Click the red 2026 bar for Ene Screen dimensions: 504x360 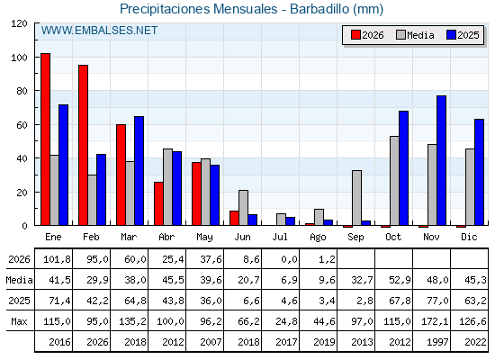click(x=45, y=139)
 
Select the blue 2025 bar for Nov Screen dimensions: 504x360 click(x=441, y=160)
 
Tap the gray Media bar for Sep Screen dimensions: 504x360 click(x=356, y=198)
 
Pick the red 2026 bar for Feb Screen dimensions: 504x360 click(x=83, y=145)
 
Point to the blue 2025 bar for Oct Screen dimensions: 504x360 click(x=403, y=168)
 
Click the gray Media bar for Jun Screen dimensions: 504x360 click(x=243, y=208)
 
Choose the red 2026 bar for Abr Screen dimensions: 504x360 click(x=158, y=203)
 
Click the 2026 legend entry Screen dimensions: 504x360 click(x=367, y=35)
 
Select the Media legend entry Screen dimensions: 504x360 click(x=415, y=35)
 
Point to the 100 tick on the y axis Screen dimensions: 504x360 click(x=36, y=58)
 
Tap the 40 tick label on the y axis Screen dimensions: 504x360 click(x=22, y=158)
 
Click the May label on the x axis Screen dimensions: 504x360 click(x=204, y=238)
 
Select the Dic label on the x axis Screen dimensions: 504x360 click(x=469, y=237)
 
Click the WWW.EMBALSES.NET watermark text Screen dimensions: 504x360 click(x=99, y=31)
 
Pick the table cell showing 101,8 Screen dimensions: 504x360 click(x=57, y=259)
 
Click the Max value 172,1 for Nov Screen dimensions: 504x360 click(x=435, y=321)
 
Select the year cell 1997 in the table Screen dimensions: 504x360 click(x=437, y=342)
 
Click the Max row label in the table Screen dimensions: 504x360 click(x=19, y=321)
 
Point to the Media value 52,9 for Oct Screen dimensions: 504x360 click(x=400, y=280)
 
